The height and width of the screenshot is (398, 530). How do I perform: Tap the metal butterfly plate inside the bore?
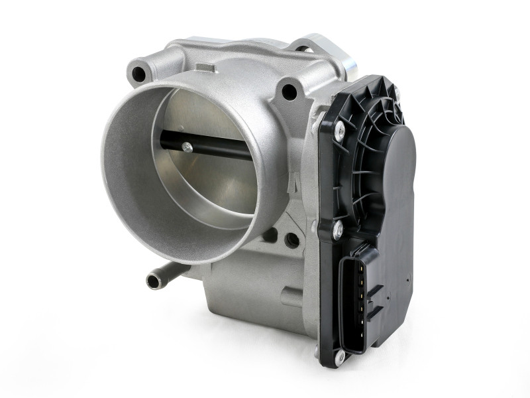click(199, 186)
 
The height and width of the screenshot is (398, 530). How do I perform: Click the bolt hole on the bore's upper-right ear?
click(289, 92)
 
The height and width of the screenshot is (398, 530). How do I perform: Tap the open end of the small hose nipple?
click(153, 281)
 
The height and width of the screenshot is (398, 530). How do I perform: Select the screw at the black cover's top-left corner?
click(339, 131)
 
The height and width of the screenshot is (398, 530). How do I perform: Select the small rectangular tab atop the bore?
click(206, 67)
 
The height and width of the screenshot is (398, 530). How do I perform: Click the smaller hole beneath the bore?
click(270, 234)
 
